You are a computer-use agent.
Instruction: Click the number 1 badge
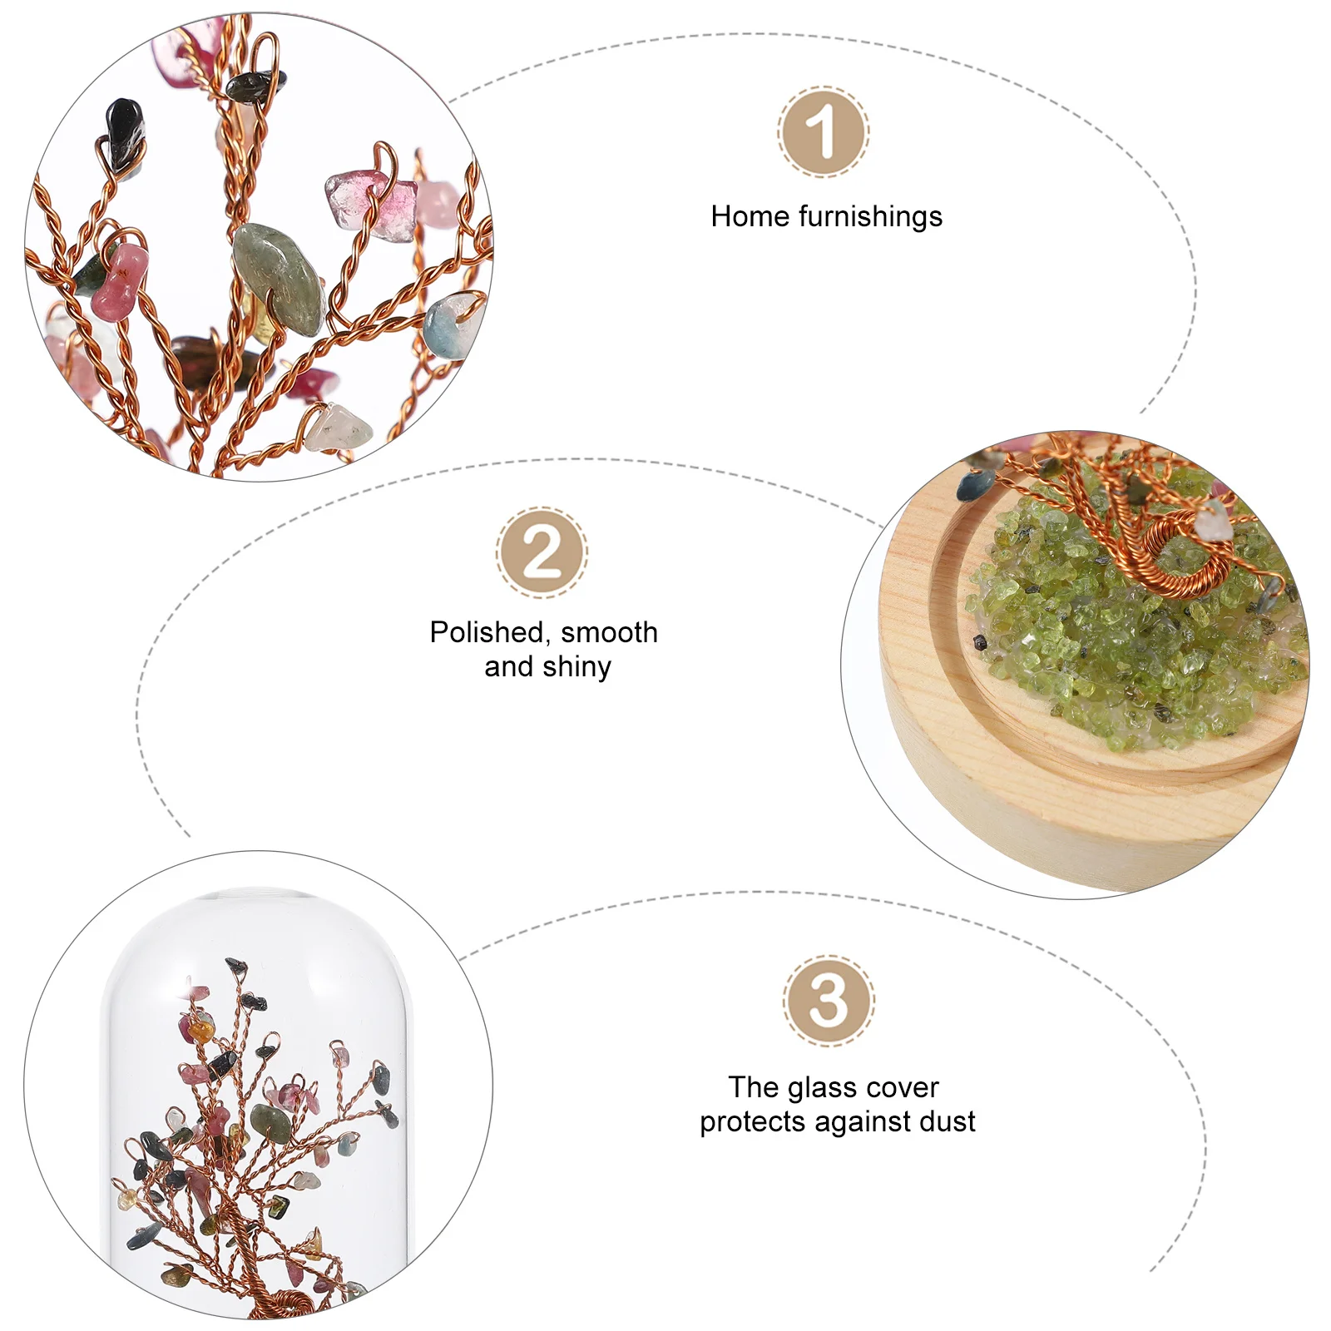[824, 131]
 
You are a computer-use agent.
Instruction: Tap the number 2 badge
[542, 552]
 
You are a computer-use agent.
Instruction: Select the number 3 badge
[828, 1001]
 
